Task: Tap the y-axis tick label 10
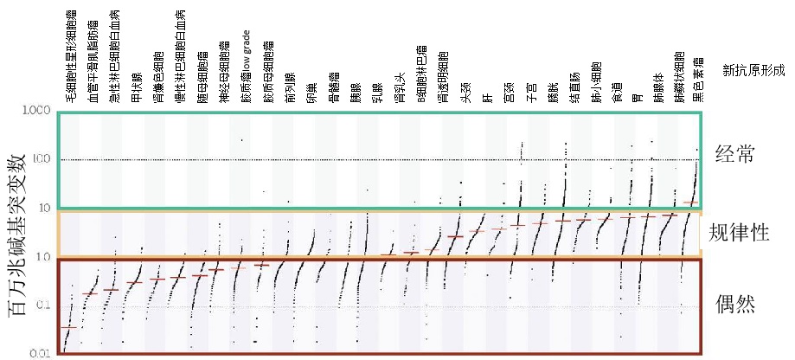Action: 44,209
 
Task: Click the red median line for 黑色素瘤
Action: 689,202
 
